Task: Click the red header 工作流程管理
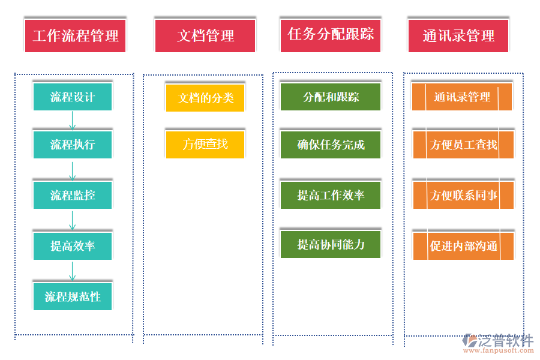pos(76,35)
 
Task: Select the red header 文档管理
pos(205,35)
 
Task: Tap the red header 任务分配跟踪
pos(331,34)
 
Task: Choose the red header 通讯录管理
pos(458,35)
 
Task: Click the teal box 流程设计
pos(73,97)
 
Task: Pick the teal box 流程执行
pos(73,145)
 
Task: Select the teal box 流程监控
pos(73,195)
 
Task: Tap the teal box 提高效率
pos(73,246)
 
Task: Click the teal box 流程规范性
pos(73,296)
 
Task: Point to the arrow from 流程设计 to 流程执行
pos(73,121)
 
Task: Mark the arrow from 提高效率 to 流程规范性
pos(73,271)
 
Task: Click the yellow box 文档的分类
pos(205,98)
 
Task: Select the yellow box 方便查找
pos(205,144)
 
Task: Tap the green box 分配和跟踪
pos(331,97)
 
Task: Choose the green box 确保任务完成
pos(331,145)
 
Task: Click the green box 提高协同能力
pos(331,244)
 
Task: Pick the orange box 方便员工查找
pos(463,145)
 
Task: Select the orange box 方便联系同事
pos(463,195)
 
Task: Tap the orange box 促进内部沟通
pos(463,246)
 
